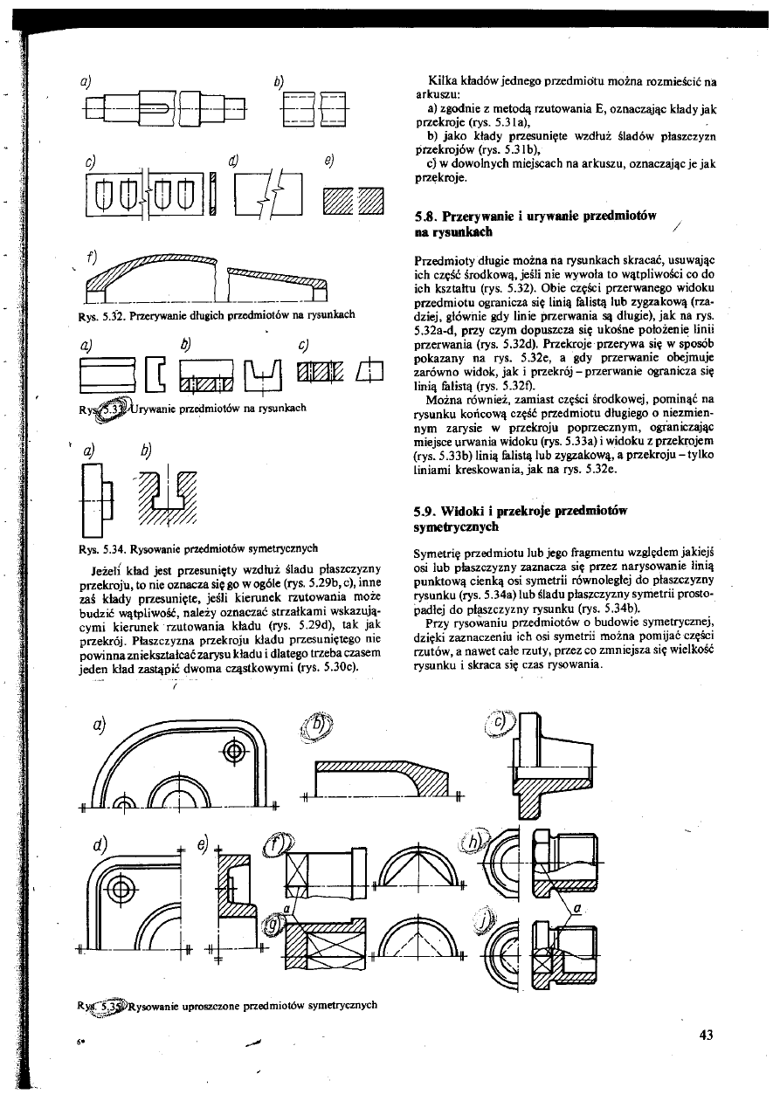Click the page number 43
tap(707, 1036)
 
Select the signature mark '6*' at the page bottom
tap(78, 1042)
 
